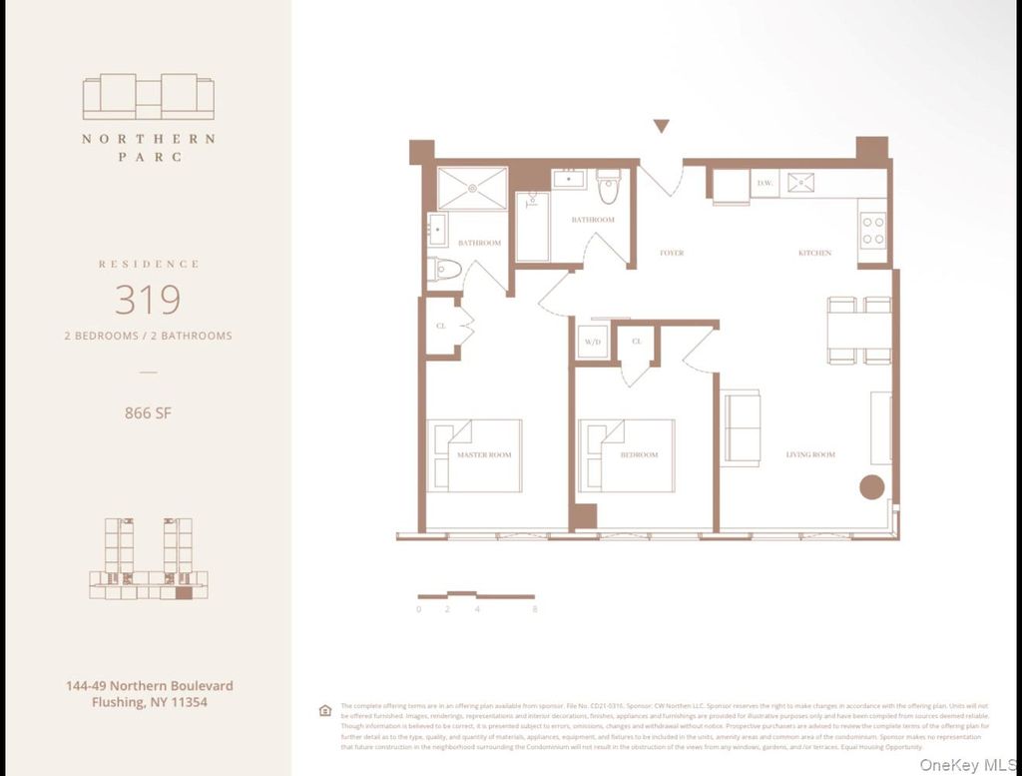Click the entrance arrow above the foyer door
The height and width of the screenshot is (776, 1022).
coord(661,126)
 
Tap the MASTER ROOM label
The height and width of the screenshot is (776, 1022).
coord(484,455)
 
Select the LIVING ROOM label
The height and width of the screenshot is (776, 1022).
coord(810,455)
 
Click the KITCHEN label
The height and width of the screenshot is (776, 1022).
coord(814,254)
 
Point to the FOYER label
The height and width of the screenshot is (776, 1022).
coord(672,254)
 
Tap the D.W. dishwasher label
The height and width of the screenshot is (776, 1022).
coord(766,183)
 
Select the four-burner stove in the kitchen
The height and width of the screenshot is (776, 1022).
coord(872,231)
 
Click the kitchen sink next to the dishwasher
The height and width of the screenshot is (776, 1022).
coord(800,183)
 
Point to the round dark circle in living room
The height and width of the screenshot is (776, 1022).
coord(872,487)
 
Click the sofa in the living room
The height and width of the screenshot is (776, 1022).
coord(742,427)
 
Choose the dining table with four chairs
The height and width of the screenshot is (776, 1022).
coord(858,331)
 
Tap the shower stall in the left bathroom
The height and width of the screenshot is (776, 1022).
coord(472,188)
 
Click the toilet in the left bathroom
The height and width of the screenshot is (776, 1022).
coord(446,269)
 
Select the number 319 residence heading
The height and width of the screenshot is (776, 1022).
coord(148,300)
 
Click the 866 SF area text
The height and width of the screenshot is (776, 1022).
coord(148,412)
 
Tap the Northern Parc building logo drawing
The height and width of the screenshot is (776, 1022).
coord(148,97)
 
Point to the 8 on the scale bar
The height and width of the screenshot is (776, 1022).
coord(535,608)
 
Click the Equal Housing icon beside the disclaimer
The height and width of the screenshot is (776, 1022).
coord(324,710)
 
